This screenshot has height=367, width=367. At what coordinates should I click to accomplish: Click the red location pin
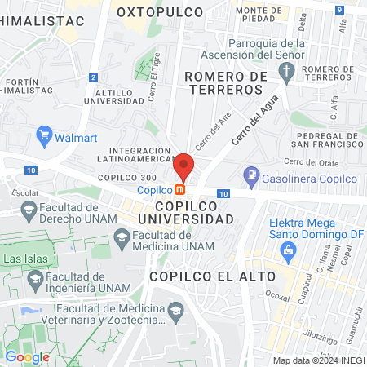[x=184, y=166]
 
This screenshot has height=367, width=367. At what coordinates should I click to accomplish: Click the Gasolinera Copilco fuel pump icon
[x=252, y=175]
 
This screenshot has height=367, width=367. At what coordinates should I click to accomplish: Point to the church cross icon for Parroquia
[x=285, y=73]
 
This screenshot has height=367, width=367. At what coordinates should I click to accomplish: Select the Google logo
[x=27, y=356]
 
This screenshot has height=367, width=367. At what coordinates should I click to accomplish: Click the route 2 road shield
[x=94, y=77]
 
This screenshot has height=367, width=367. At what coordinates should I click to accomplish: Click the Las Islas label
[x=25, y=259]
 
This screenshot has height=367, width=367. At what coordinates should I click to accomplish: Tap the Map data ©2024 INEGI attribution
[x=317, y=360]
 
